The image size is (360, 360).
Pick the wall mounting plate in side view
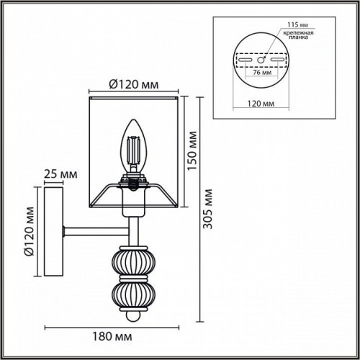click(x=53, y=231)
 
